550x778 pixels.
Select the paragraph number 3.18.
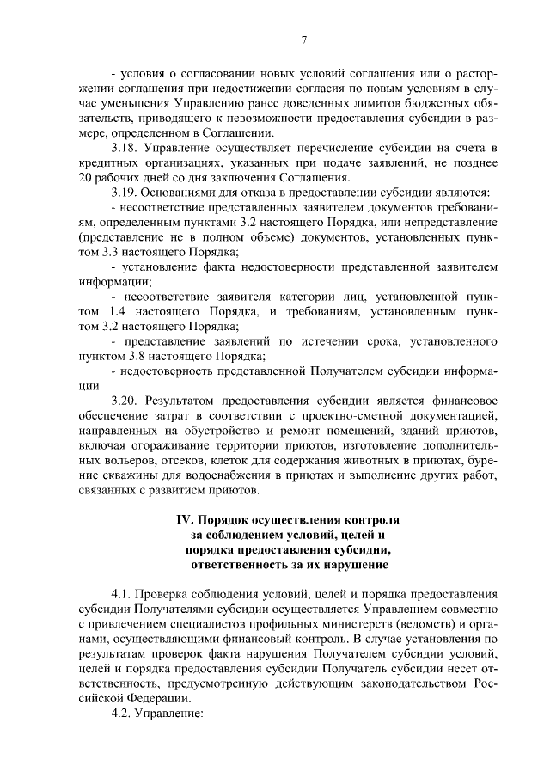pyautogui.click(x=127, y=150)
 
